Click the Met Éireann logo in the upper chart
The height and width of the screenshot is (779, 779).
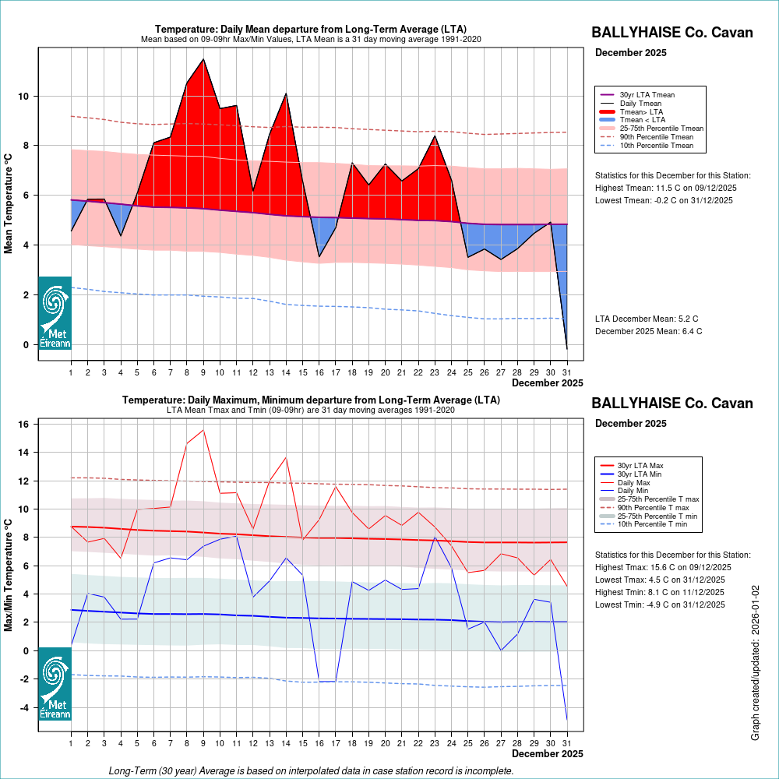click(55, 312)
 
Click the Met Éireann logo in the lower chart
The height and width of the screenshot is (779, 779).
click(55, 683)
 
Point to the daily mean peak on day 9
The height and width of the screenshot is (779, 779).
click(203, 59)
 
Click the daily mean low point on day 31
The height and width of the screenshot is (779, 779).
click(566, 348)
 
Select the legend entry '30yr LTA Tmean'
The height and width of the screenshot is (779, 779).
click(647, 94)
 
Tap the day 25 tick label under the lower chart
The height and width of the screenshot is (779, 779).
click(467, 743)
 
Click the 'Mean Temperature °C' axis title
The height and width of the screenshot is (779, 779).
click(9, 203)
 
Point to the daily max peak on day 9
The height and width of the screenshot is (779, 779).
click(203, 430)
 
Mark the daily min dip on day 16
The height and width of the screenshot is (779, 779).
click(319, 682)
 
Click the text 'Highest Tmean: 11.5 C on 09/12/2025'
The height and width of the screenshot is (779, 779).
click(666, 188)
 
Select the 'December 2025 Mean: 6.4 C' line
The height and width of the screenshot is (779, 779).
click(648, 331)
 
